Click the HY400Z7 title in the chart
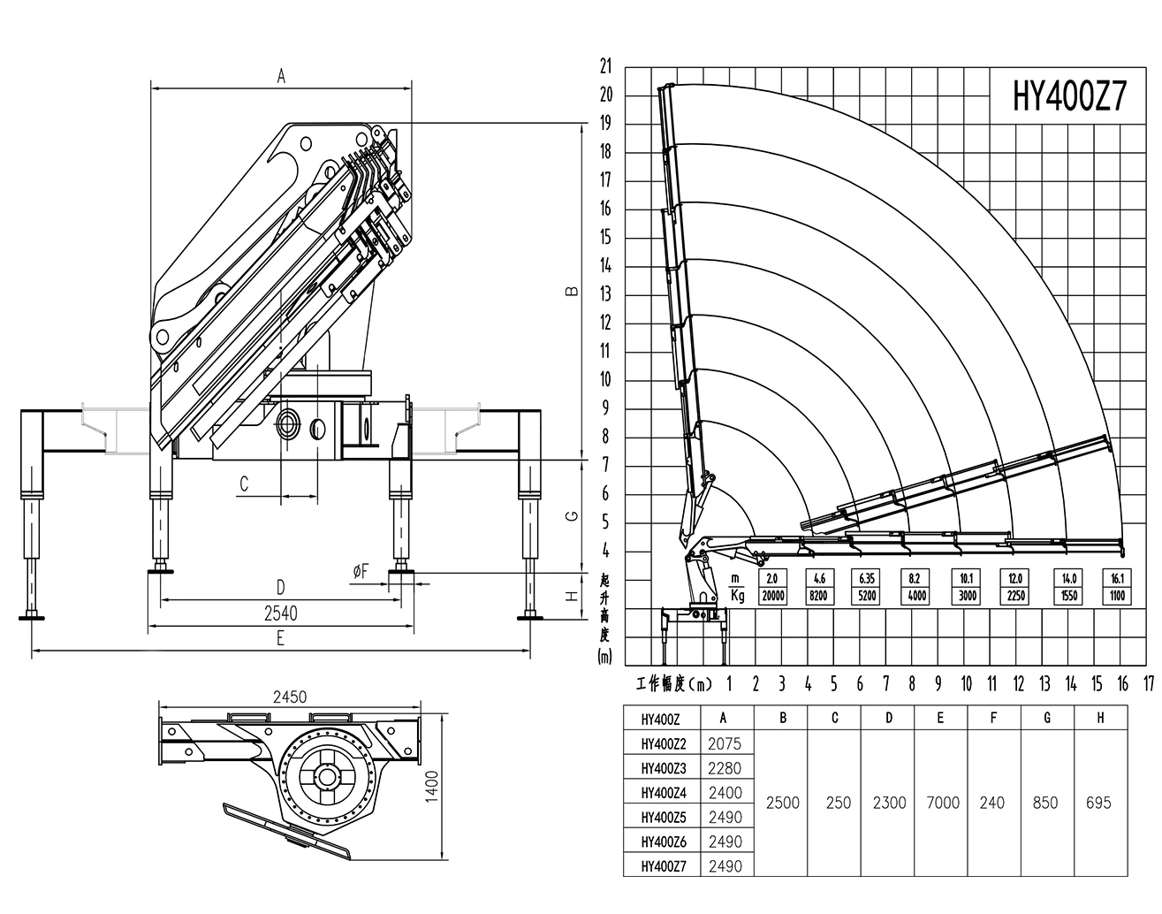pos(1069,97)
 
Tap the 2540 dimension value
pos(281,613)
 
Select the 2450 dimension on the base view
pos(290,697)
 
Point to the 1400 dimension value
pos(432,786)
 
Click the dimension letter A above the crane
pos(281,77)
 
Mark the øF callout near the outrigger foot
pos(361,571)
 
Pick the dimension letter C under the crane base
pos(244,484)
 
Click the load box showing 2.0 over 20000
pos(772,587)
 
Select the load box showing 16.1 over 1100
pos(1117,587)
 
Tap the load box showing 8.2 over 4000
pos(915,587)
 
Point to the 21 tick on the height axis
pos(606,66)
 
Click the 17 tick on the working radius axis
pos(1149,683)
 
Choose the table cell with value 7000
pos(943,803)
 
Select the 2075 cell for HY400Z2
pos(725,743)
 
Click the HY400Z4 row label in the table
pos(664,793)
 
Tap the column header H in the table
pos(1100,718)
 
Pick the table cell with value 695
pos(1099,803)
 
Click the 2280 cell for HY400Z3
pos(725,768)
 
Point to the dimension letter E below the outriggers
pos(280,638)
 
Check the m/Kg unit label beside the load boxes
pos(737,587)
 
